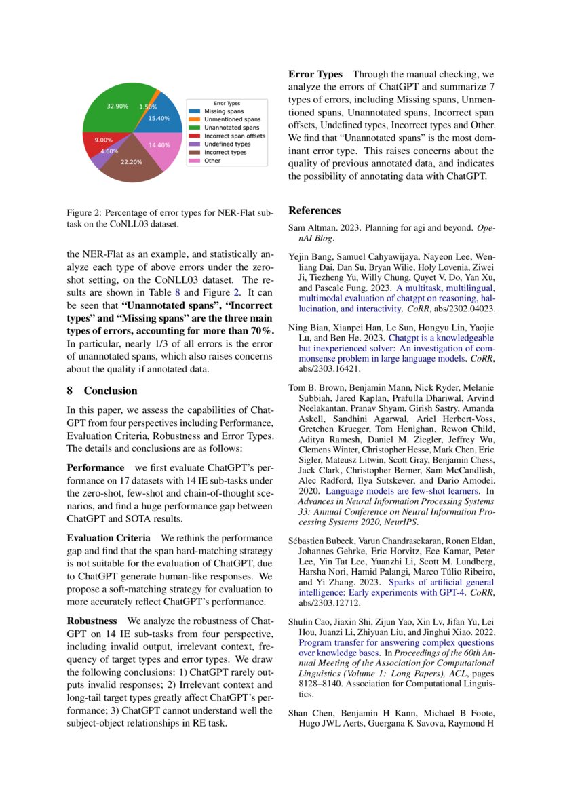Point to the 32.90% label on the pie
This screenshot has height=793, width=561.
click(117, 107)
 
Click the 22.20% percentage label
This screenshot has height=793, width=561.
click(131, 163)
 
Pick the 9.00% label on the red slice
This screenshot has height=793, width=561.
click(103, 140)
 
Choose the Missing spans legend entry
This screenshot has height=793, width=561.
click(224, 111)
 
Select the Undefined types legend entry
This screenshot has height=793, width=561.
click(227, 144)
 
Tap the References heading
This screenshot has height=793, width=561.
click(315, 210)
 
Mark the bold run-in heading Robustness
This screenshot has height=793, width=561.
click(92, 621)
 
